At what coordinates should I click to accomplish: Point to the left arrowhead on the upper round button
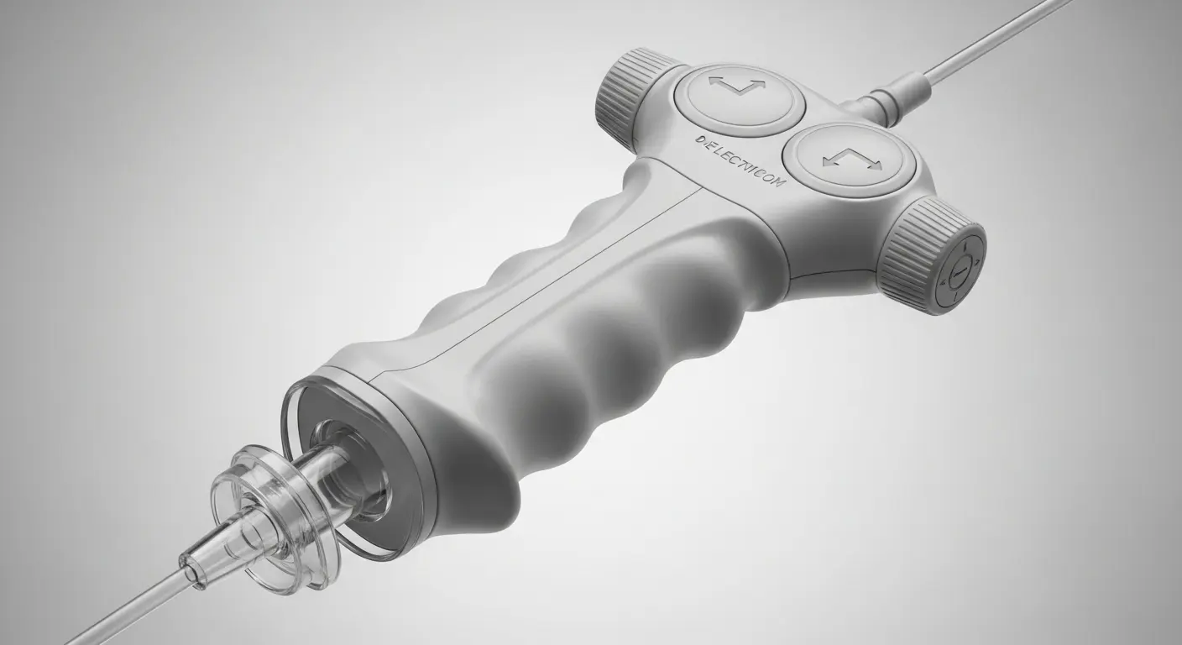point(714,82)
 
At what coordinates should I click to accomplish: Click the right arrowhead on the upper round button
point(759,85)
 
